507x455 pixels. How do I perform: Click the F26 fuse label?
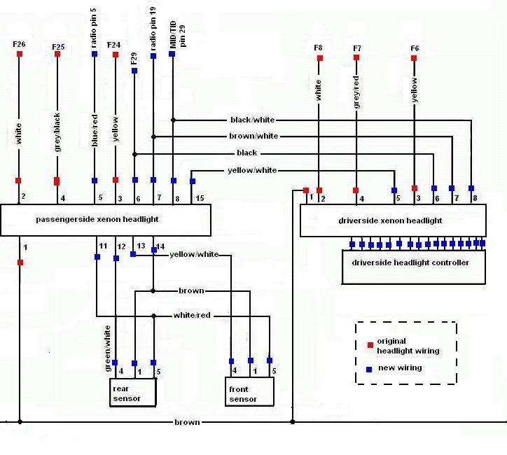point(19,44)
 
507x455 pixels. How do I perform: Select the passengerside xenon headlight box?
point(106,220)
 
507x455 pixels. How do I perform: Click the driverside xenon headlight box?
point(393,220)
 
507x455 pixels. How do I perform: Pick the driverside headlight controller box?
point(414,267)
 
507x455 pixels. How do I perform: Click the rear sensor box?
point(133,392)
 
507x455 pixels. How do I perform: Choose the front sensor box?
point(249,391)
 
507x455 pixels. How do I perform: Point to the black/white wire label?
point(253,120)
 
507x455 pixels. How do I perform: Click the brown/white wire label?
point(253,136)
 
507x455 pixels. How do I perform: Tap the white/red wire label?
point(192,315)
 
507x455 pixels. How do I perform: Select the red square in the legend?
point(370,345)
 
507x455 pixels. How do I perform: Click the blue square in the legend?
point(369,370)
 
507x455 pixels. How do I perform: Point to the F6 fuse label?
point(415,48)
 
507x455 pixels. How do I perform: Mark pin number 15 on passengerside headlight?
point(200,198)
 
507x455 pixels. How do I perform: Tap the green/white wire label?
point(107,349)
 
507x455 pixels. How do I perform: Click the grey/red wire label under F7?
point(356,92)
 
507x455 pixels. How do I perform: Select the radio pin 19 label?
point(153,29)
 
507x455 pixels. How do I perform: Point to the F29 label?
point(134,59)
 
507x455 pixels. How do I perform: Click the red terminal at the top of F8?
point(320,58)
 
